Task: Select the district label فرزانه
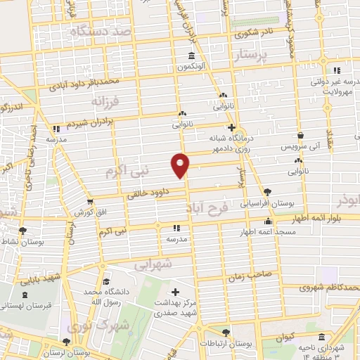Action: coord(105,103)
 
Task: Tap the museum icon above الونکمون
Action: coord(191,56)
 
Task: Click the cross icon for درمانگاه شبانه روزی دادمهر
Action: coord(240,128)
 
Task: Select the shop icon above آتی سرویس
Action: coord(300,136)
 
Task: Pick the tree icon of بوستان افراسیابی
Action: coord(267,191)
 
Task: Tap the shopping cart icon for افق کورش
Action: coord(89,202)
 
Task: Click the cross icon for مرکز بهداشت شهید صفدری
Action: coord(176,291)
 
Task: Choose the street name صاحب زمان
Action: coord(245,276)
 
